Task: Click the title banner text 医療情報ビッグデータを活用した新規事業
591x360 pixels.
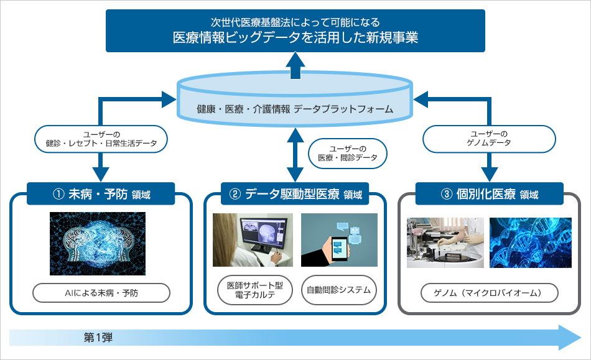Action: tap(295, 37)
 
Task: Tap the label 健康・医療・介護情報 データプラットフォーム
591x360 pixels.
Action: tap(295, 109)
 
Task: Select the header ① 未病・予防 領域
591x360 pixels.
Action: tap(101, 194)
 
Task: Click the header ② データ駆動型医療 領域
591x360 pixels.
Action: tap(295, 194)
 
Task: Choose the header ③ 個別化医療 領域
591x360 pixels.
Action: tap(489, 194)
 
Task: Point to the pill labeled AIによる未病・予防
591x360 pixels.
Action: tap(101, 293)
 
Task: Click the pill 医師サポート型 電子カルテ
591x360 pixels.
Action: tap(255, 290)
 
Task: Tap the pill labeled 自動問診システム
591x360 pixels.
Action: tap(339, 290)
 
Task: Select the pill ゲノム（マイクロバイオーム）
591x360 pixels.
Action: tap(489, 293)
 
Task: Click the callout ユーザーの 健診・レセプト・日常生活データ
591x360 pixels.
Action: tap(101, 139)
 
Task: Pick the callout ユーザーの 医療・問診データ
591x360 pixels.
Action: tap(348, 153)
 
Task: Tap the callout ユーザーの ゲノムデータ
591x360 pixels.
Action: tap(489, 139)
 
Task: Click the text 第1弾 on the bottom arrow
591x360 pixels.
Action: tap(98, 338)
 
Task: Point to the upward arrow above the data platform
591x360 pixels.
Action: tap(295, 65)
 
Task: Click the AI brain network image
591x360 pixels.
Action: tap(98, 244)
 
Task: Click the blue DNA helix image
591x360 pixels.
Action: tap(530, 243)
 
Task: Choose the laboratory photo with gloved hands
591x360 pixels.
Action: tap(445, 243)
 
